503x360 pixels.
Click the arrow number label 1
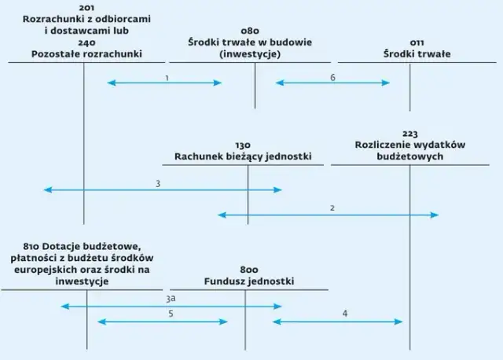click(x=167, y=77)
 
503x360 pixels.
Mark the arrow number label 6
click(x=332, y=77)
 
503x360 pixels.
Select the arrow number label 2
click(x=332, y=208)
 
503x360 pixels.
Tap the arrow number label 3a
click(x=171, y=299)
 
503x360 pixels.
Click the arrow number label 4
click(x=345, y=314)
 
